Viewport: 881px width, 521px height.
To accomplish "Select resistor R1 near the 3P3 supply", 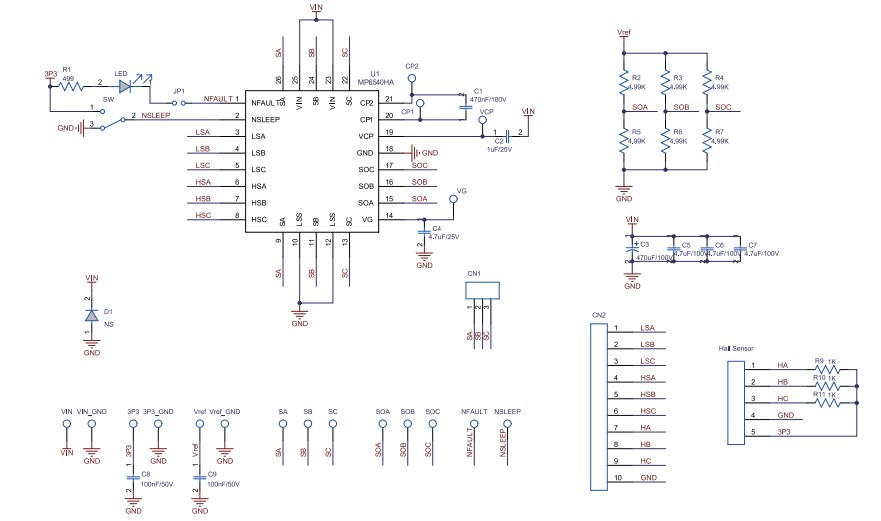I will [x=69, y=87].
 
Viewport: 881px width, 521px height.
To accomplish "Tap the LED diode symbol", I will [x=125, y=87].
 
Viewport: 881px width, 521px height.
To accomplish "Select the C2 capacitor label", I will [x=499, y=141].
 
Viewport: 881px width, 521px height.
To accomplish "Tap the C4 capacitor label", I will [x=436, y=229].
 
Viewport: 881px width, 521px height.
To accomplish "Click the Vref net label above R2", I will [x=625, y=32].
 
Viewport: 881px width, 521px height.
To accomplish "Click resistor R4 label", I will [x=719, y=77].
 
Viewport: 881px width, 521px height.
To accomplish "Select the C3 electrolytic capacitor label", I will [x=645, y=244].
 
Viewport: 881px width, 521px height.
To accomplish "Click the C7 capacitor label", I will [x=752, y=244].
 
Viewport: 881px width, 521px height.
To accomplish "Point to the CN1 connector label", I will [x=474, y=273].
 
